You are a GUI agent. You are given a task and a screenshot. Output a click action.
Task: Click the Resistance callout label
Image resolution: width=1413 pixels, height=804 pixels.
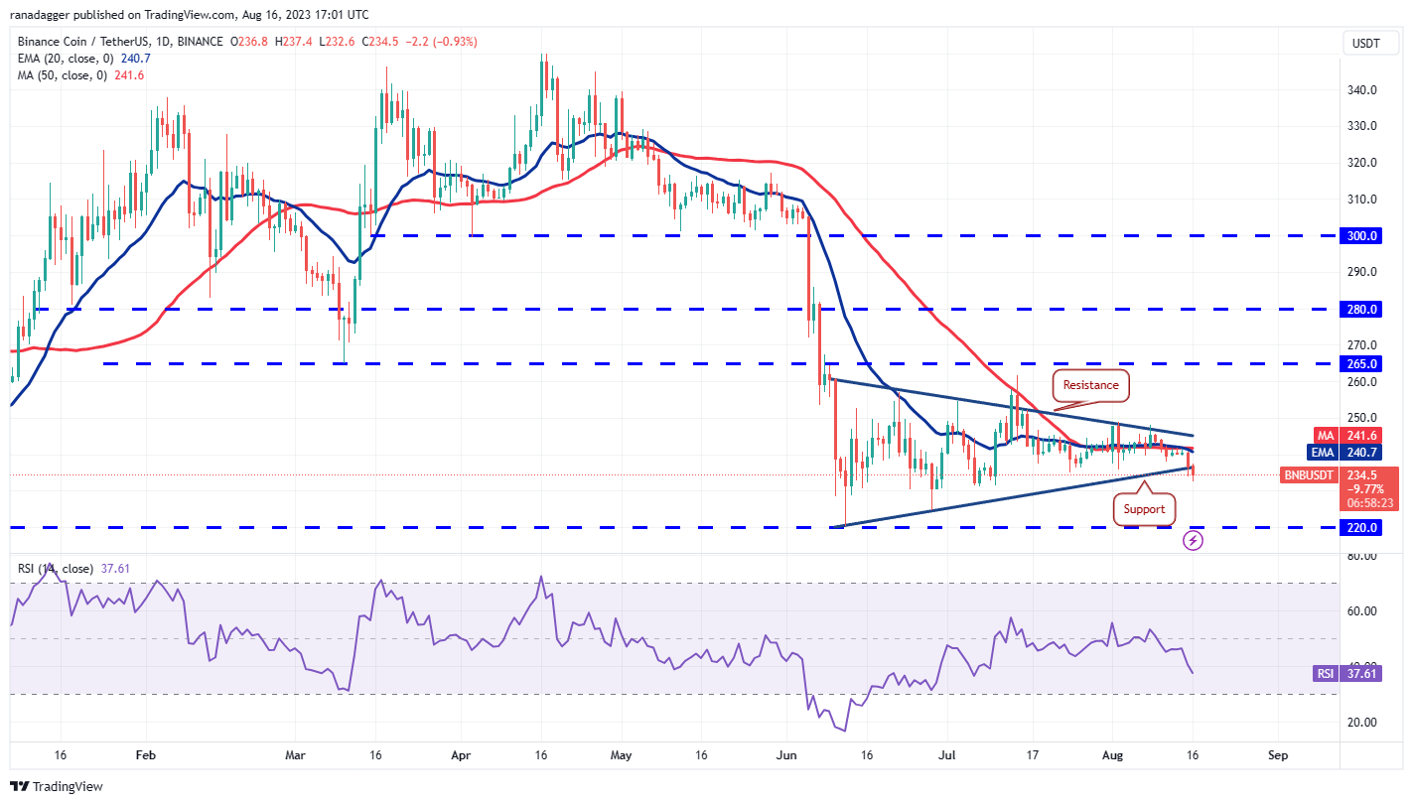1090,385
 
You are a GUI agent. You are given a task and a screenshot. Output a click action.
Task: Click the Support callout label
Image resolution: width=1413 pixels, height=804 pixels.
1144,509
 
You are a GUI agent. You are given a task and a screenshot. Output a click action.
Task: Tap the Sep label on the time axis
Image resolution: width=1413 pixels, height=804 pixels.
1278,755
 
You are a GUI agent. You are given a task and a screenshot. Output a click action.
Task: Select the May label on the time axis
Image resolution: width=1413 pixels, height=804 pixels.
621,755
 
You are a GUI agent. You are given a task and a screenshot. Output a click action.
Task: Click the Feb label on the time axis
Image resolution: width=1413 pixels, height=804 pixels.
146,755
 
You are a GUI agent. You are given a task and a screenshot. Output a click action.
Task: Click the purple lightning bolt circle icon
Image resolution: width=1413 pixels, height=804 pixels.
1194,541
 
